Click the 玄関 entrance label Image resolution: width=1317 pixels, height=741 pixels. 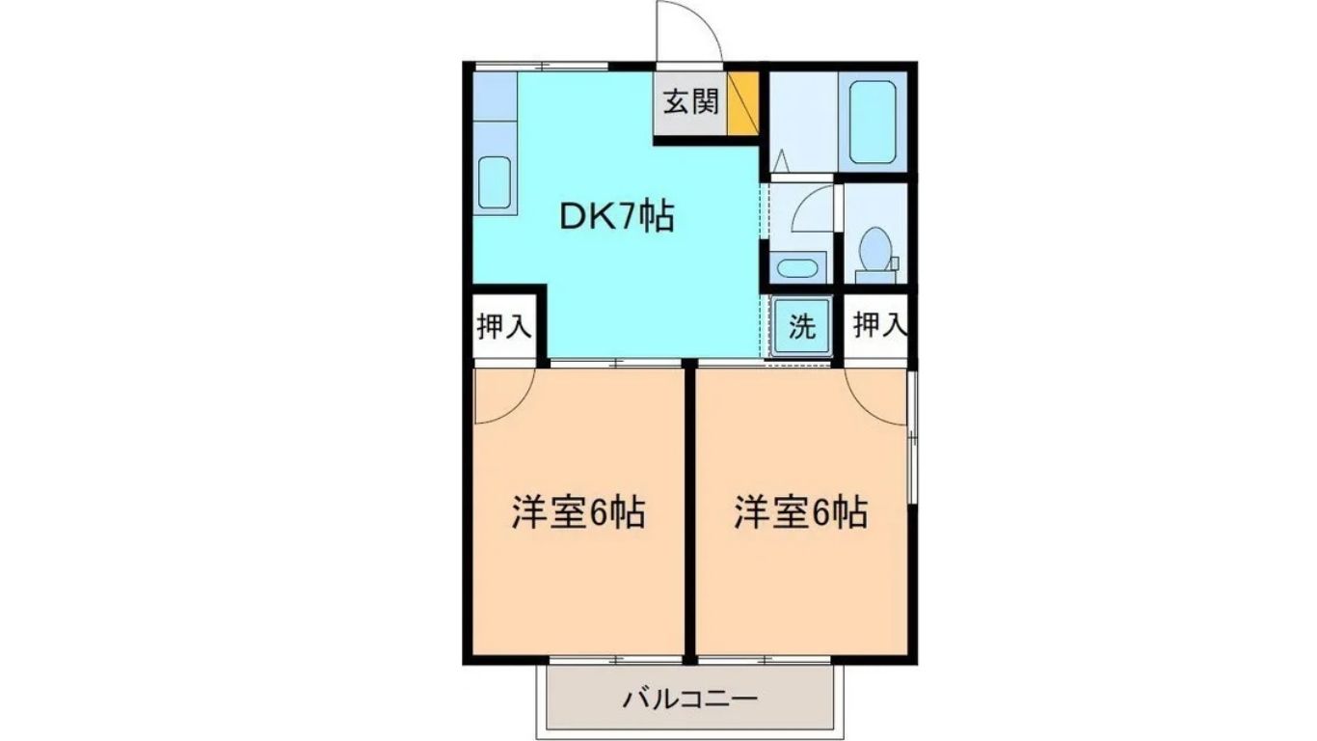(691, 103)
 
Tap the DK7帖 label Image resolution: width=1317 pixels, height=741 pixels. (616, 217)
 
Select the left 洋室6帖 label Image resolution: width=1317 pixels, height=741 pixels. (578, 512)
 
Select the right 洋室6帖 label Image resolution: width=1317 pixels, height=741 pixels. (801, 512)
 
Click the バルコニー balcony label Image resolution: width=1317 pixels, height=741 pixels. (690, 700)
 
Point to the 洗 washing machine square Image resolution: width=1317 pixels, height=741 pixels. (802, 327)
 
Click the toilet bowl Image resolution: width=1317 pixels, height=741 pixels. (874, 249)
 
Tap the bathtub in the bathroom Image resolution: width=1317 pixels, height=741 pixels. (873, 123)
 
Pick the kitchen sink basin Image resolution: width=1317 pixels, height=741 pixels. (494, 182)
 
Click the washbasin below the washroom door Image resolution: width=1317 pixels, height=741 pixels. (797, 268)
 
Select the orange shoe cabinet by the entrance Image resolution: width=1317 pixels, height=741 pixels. (742, 103)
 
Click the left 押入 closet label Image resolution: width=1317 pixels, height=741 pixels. (504, 327)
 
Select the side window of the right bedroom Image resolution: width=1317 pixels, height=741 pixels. (911, 436)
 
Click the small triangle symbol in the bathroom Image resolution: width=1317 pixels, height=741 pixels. (782, 160)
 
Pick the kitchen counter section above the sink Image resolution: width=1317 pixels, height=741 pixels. (495, 96)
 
